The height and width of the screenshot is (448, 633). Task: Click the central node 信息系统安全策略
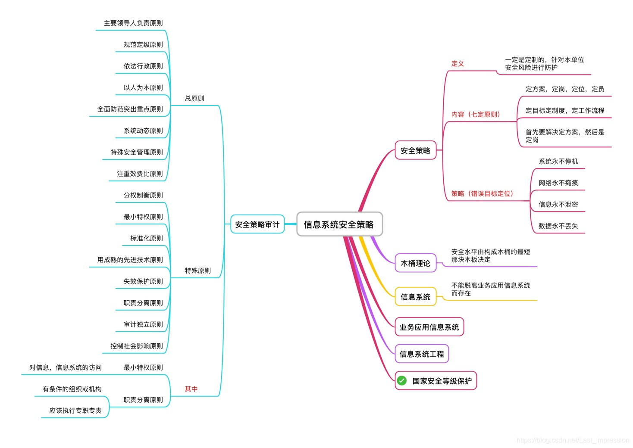coord(339,224)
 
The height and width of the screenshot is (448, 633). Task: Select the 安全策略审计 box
coord(257,224)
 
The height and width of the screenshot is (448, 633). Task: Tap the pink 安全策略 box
coord(415,151)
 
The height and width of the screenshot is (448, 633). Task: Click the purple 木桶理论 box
coord(415,263)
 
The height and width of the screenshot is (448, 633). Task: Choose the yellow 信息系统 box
coord(415,297)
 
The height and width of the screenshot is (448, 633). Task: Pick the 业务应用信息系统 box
coord(429,327)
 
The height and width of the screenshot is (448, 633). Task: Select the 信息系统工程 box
coord(421,354)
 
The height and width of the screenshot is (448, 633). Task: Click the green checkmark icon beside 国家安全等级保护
coord(402,381)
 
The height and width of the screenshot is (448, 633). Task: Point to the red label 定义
coord(458,64)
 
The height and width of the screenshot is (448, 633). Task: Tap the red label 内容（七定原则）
coord(475,115)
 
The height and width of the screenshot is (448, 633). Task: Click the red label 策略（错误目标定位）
coord(482,194)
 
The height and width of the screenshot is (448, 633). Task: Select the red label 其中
coord(191,389)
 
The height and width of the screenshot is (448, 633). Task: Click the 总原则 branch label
coord(194,99)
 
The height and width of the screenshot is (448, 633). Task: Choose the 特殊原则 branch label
coord(197,271)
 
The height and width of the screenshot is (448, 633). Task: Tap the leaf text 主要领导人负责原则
coord(133,23)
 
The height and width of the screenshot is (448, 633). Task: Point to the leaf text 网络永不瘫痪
coord(558,183)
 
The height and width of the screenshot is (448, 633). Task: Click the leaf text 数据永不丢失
coord(558,226)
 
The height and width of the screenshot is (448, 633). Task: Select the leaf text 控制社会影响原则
coord(136,346)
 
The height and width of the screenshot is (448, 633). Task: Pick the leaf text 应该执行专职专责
coord(75,411)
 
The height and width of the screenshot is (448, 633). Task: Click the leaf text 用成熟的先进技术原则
coord(130,260)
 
